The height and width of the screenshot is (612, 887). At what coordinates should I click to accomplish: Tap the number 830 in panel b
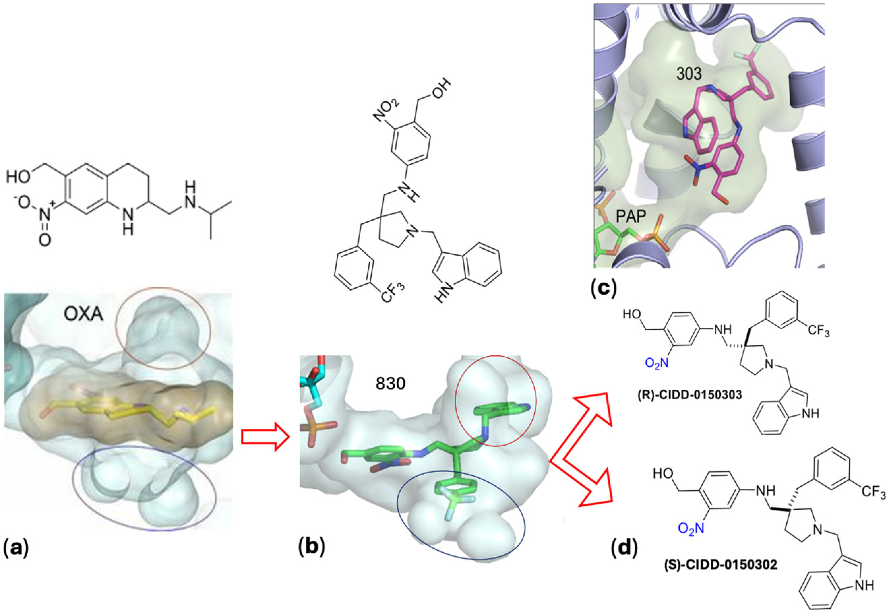point(390,383)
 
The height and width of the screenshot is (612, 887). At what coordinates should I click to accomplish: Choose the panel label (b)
point(311,548)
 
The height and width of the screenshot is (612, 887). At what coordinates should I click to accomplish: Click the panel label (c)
point(604,289)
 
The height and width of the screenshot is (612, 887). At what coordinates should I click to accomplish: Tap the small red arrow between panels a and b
point(264,437)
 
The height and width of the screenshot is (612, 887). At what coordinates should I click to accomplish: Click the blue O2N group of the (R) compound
point(656,363)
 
